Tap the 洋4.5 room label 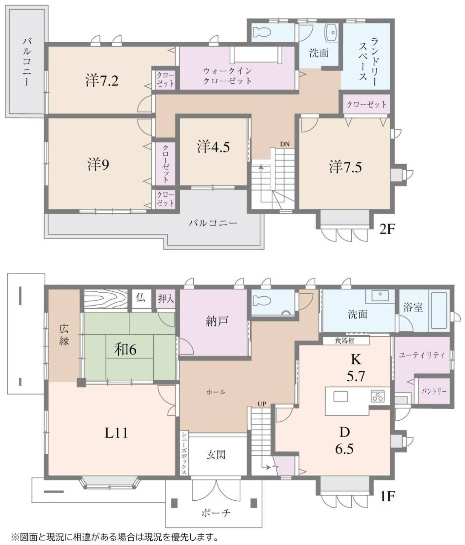click(213, 147)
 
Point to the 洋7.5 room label click(345, 167)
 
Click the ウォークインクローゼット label click(227, 76)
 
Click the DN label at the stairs click(284, 144)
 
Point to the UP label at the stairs click(261, 403)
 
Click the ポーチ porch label click(216, 512)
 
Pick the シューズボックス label click(184, 453)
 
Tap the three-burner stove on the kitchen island click(378, 396)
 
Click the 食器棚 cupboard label click(345, 341)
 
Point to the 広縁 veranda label click(64, 334)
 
